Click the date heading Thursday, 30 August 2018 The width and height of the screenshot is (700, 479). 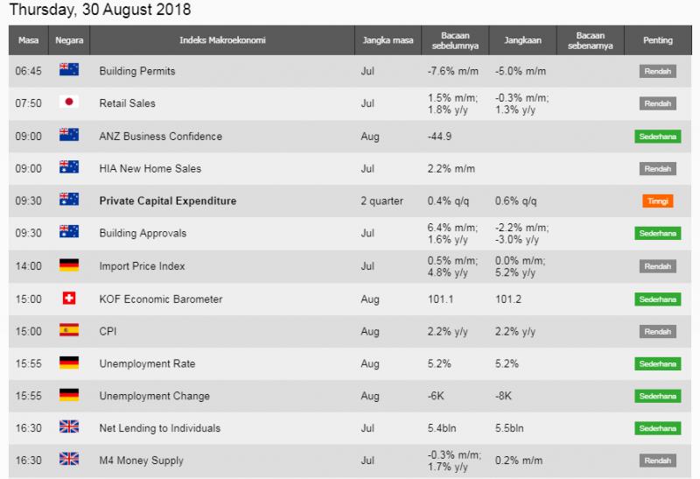coord(101,11)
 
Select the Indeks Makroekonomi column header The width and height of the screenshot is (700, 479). coord(222,40)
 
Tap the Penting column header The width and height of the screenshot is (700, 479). coord(657,40)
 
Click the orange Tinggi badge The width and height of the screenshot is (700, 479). coord(657,201)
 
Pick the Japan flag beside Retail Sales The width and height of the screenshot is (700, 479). coord(68,102)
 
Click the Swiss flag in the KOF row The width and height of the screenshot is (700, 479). coord(68,299)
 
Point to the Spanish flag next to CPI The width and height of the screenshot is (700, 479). coord(68,331)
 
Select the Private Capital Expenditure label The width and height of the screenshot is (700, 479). coord(168,201)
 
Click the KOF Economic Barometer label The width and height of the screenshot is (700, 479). coord(161,299)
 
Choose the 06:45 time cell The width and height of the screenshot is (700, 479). coord(28,70)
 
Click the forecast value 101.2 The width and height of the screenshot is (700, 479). coord(509,299)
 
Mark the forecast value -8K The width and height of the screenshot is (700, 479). coord(503,396)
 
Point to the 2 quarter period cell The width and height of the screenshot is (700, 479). coord(381,201)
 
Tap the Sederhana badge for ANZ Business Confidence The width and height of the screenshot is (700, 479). coord(657,136)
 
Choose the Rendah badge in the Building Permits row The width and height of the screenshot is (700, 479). coord(657,71)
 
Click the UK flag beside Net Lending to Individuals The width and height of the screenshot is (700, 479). coord(68,428)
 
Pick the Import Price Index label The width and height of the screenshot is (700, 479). coord(143,266)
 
